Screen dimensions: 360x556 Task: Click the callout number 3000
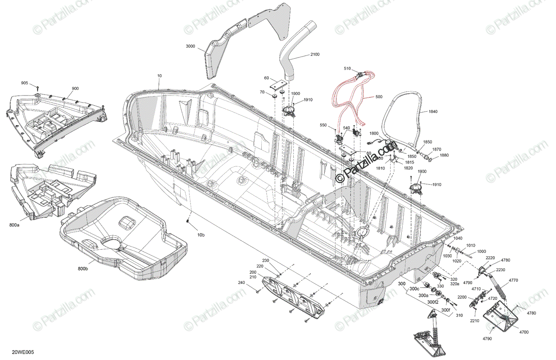(x=190, y=47)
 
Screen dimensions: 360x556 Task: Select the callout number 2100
(x=315, y=55)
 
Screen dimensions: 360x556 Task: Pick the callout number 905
(x=25, y=83)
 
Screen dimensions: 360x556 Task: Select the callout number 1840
(x=433, y=112)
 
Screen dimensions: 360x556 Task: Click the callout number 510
(x=347, y=69)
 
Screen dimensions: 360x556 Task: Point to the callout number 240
(x=241, y=283)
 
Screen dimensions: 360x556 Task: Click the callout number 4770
(x=513, y=280)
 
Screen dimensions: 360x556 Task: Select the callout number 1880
(x=444, y=155)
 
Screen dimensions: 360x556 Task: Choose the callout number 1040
(x=458, y=238)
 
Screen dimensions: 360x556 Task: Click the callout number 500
(x=379, y=97)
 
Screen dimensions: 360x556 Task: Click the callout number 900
(x=75, y=88)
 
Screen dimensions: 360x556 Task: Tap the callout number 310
(x=459, y=316)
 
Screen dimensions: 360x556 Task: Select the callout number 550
(x=323, y=126)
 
